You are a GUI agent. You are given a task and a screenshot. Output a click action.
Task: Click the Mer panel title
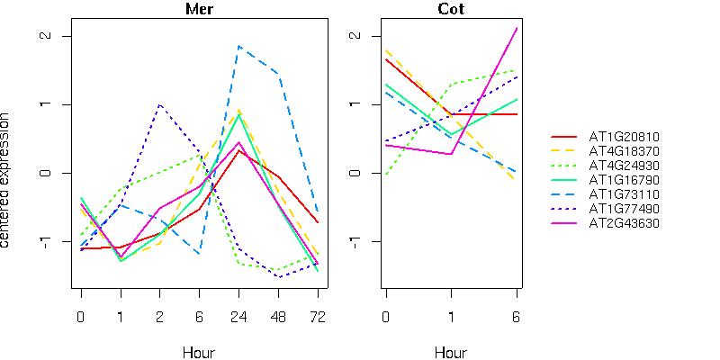click(x=199, y=10)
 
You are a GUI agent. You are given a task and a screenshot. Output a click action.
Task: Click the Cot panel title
click(x=451, y=10)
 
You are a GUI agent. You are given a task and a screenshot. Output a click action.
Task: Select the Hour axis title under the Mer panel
click(x=199, y=352)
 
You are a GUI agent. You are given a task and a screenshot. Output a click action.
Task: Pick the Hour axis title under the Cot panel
click(x=451, y=352)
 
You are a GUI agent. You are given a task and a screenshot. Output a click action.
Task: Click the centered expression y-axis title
click(x=7, y=180)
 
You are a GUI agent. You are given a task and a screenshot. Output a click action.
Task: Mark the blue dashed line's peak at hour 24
click(x=238, y=46)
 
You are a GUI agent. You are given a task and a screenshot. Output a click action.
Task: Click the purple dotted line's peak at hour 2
click(x=159, y=104)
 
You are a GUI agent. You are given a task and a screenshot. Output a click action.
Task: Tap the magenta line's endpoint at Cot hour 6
click(x=517, y=28)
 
